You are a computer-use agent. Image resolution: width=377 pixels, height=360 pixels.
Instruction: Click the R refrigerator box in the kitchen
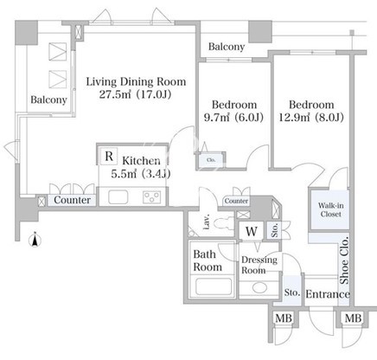[x=109, y=156]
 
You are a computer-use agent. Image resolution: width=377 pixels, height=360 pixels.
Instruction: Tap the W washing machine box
[x=252, y=231]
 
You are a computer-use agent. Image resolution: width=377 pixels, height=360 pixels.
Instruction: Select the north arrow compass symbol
[x=35, y=240]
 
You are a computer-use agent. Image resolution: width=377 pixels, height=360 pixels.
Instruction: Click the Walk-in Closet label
[x=330, y=209]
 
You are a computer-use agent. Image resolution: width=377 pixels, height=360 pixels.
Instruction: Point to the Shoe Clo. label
[x=344, y=260]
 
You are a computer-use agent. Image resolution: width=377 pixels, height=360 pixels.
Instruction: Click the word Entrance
[x=328, y=294]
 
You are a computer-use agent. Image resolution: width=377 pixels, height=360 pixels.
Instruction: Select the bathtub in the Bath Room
[x=214, y=286]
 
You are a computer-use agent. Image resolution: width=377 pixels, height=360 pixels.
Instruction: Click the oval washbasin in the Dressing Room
[x=259, y=287]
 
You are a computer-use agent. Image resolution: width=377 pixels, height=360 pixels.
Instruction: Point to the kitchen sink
[x=118, y=197]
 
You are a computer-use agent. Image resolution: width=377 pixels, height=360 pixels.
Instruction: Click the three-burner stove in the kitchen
[x=152, y=197]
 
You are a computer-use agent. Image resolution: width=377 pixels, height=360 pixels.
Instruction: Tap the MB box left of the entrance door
[x=284, y=318]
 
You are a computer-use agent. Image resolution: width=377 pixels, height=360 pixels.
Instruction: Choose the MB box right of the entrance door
[x=353, y=318]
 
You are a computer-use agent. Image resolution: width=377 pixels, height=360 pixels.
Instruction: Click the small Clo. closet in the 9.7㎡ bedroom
[x=211, y=160]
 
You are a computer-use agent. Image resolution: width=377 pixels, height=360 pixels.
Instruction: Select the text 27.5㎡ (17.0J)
[x=135, y=94]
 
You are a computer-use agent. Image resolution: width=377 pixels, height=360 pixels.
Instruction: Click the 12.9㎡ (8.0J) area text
[x=311, y=118]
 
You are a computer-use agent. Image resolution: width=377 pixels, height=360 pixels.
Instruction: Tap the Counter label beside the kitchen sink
[x=72, y=200]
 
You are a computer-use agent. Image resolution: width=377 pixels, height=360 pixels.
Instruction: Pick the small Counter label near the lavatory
[x=236, y=201]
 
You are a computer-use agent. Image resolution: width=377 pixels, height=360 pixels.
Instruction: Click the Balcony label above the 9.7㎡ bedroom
[x=227, y=47]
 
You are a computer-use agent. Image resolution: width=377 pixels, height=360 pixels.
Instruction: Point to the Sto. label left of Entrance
[x=292, y=292]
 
